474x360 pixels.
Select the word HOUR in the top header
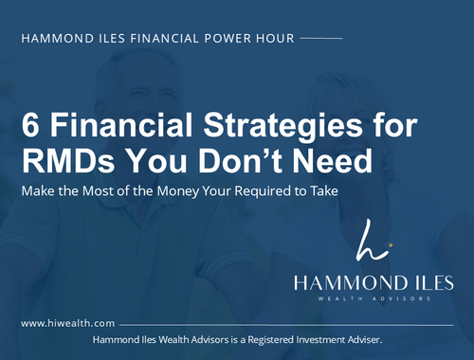273,40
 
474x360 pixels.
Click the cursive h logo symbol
369,241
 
